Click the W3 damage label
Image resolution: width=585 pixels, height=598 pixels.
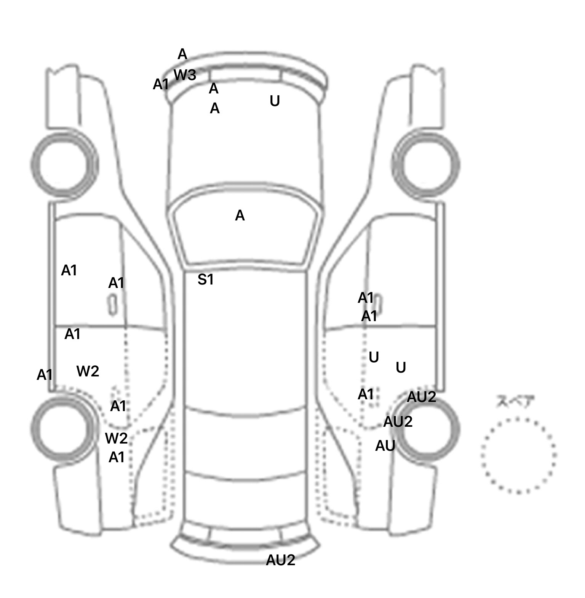point(185,75)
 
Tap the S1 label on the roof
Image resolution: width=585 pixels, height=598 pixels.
point(206,280)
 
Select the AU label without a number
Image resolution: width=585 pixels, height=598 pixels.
point(385,446)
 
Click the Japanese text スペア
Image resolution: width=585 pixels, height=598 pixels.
point(515,402)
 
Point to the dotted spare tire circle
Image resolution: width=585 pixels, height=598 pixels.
point(518,455)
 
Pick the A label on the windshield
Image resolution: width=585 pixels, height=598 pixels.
point(240,216)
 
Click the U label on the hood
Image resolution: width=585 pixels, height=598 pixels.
point(275,101)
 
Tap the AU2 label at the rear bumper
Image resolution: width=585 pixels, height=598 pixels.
point(280,560)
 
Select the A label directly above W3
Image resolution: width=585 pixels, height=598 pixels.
point(182,55)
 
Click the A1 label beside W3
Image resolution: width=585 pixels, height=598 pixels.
point(161,84)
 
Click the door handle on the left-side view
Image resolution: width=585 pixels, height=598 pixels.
point(112,304)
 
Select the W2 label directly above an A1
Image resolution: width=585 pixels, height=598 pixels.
point(116,439)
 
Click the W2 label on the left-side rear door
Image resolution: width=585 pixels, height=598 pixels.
point(88,371)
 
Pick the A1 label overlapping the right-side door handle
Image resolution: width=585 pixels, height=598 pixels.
point(366,298)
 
